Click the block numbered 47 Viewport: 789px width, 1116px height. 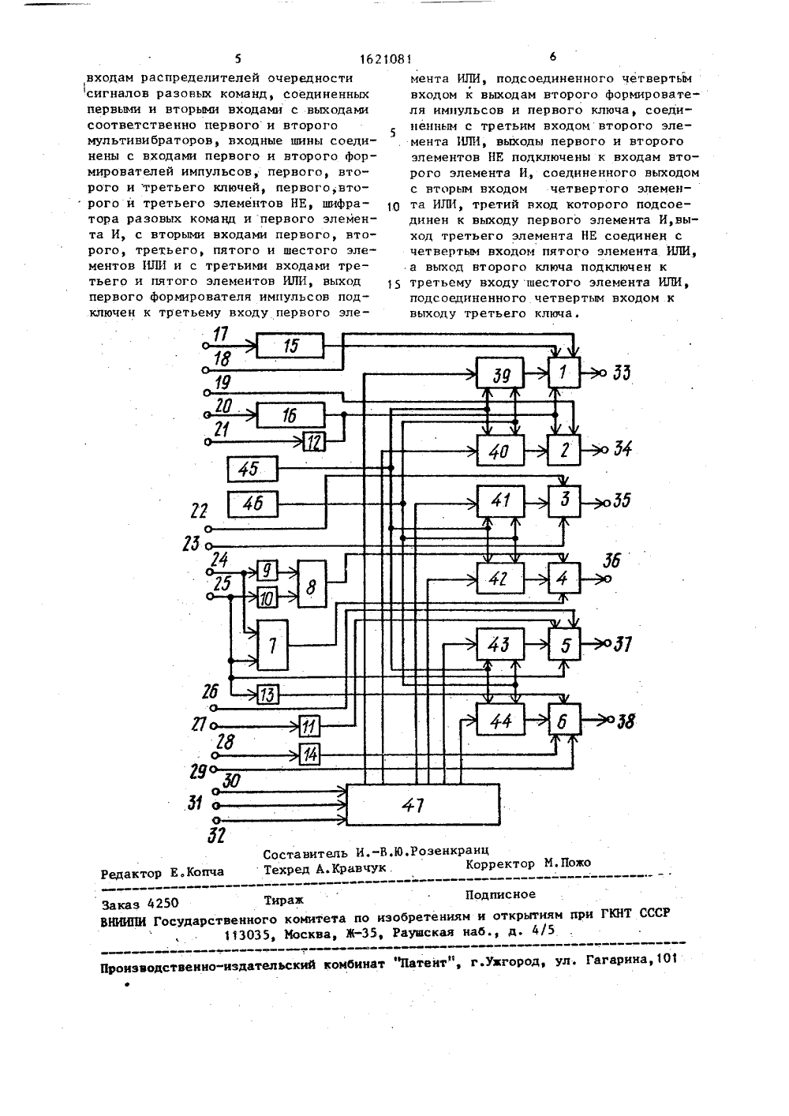(x=423, y=804)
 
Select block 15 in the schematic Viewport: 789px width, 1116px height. (x=290, y=345)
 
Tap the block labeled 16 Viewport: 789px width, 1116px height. (x=290, y=415)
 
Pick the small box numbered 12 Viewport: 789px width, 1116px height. (x=314, y=442)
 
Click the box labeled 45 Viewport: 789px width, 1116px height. (x=252, y=469)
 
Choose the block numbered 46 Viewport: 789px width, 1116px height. (x=252, y=504)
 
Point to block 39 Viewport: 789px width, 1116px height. (x=499, y=373)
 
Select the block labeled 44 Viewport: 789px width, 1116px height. (x=500, y=720)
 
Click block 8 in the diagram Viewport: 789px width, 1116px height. (x=312, y=583)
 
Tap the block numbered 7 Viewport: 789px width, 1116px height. (x=272, y=645)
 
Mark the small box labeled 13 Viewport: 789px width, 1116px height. (x=267, y=695)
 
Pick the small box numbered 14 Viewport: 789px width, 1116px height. (x=309, y=755)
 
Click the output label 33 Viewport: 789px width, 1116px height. (x=621, y=373)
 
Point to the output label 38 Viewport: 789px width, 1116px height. (x=625, y=721)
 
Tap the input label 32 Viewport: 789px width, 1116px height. (x=215, y=834)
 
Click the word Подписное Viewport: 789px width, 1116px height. (x=500, y=894)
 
